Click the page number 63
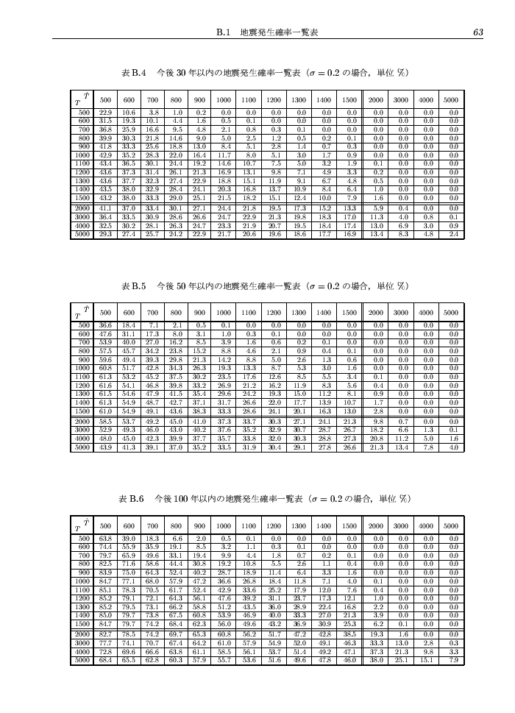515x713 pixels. click(477, 32)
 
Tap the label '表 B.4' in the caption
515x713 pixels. click(135, 74)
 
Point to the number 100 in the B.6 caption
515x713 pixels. click(177, 500)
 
